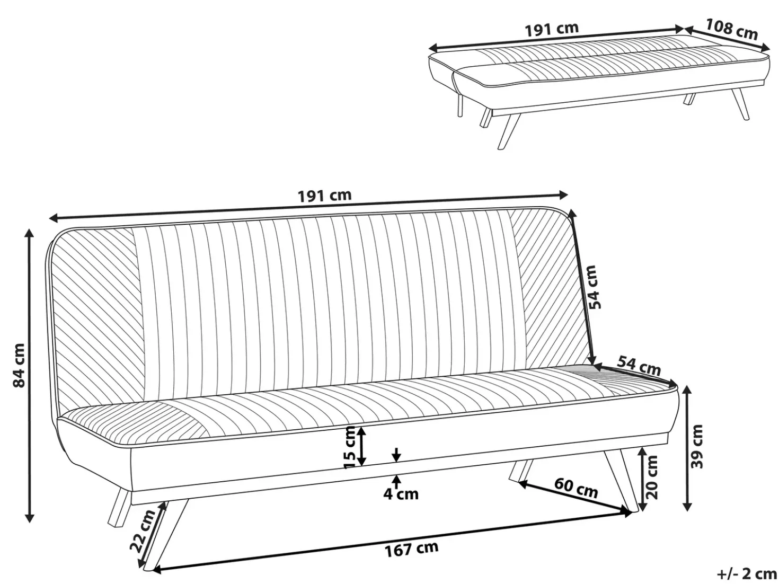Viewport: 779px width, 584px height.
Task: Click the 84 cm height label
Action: tap(19, 366)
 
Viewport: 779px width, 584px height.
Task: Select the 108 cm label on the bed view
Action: tap(732, 30)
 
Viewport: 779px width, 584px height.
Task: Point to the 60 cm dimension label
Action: tap(576, 488)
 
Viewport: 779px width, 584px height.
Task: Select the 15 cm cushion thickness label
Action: tap(350, 448)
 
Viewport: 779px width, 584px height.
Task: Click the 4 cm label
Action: tap(401, 494)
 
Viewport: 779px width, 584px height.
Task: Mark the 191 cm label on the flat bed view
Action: tap(552, 29)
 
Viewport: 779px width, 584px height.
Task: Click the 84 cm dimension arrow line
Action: tap(30, 376)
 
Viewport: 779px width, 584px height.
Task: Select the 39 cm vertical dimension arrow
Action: tap(687, 448)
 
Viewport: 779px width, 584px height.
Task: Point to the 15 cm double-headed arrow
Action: tap(361, 446)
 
